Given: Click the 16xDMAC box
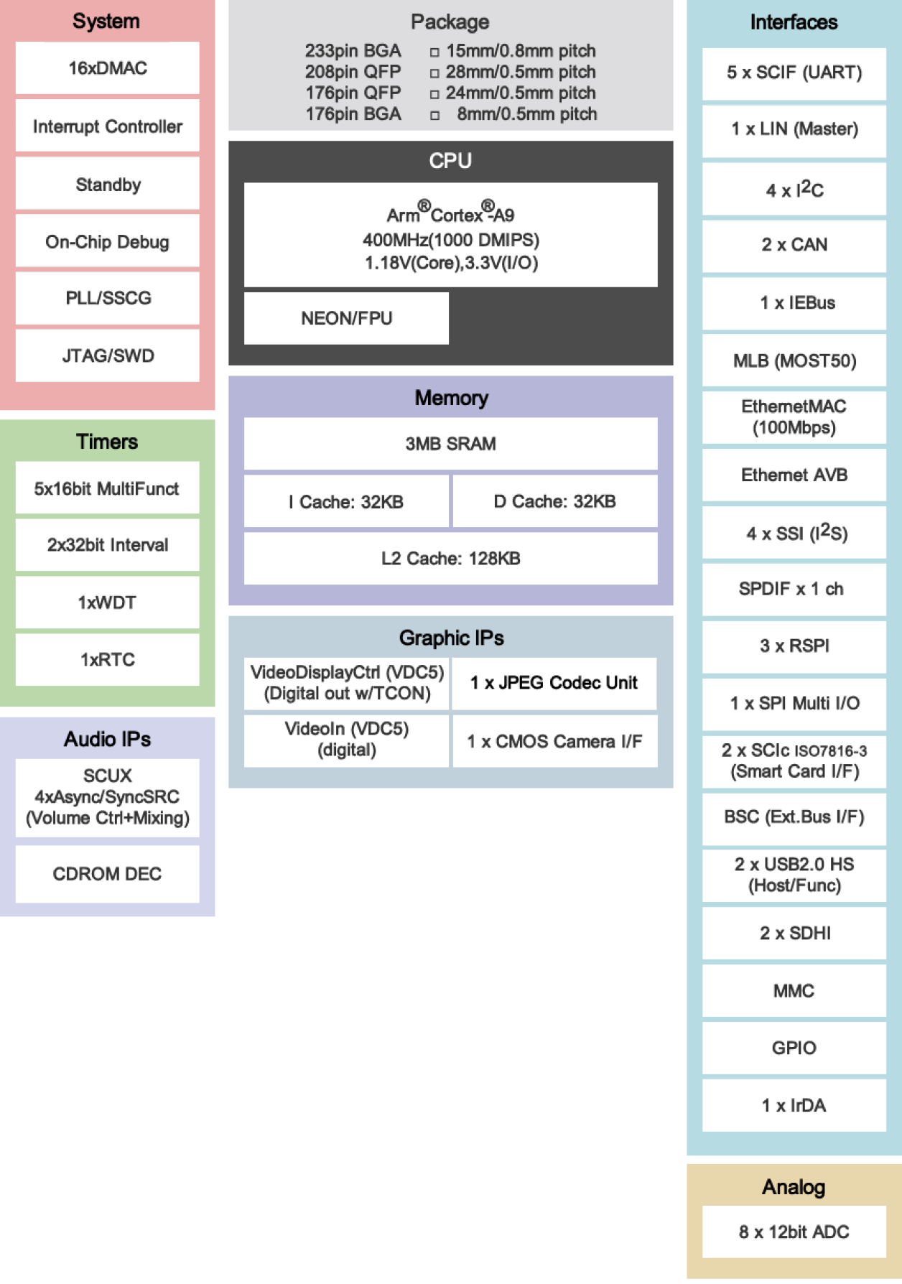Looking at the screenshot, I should click(x=108, y=68).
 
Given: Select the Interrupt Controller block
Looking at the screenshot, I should click(x=108, y=126).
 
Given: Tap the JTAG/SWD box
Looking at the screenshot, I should click(x=108, y=355).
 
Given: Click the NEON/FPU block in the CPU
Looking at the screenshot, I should click(x=346, y=318).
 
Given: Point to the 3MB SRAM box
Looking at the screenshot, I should click(x=450, y=444).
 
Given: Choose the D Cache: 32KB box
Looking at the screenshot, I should click(x=554, y=501).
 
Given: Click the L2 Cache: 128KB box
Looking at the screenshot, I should click(x=450, y=558).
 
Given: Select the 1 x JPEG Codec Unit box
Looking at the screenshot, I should click(x=554, y=683).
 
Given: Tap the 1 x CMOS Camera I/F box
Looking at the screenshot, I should click(x=554, y=741).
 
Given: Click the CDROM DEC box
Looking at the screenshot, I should click(x=108, y=874).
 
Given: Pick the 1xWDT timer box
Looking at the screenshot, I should click(x=108, y=603).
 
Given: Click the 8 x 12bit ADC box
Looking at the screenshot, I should click(x=794, y=1232).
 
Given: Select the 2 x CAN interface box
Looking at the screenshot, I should click(x=794, y=245).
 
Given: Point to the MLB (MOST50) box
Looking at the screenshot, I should click(x=794, y=360).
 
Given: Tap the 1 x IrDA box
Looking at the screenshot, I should click(x=794, y=1105).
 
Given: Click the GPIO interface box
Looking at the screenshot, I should click(x=794, y=1048).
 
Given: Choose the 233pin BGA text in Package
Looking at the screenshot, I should click(x=353, y=51).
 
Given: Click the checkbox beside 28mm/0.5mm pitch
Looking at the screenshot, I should click(x=434, y=73).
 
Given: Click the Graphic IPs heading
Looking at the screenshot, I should click(x=451, y=638).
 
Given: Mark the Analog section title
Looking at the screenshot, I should click(x=794, y=1187).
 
